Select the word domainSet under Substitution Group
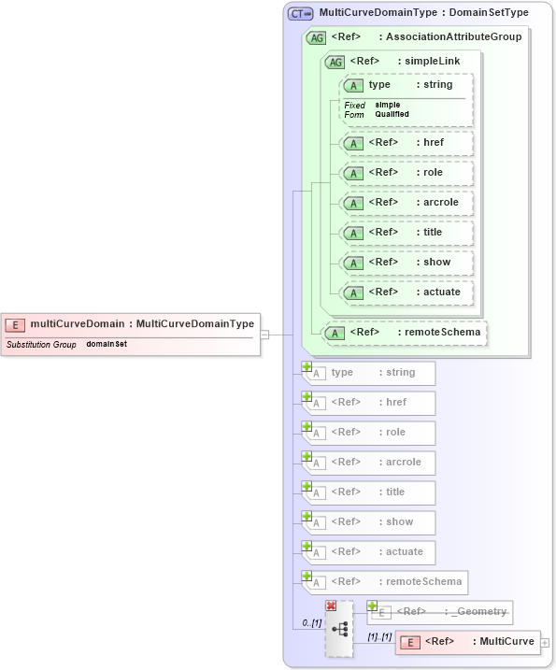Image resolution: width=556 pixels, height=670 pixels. pos(107,345)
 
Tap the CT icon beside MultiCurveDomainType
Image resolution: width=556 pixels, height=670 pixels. pos(300,13)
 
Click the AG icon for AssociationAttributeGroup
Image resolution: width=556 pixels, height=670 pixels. pos(316,38)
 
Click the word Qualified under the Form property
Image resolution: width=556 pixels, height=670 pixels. pos(392,114)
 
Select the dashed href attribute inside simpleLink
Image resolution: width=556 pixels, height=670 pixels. pos(406,143)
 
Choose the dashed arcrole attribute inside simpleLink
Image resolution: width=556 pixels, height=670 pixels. pos(406,203)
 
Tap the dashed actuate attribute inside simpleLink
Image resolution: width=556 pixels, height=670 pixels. pos(406,292)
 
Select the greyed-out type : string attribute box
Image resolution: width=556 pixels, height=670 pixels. pos(372,373)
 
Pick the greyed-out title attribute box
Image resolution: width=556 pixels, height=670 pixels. pos(372,492)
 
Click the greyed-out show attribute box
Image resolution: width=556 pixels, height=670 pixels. pos(372,522)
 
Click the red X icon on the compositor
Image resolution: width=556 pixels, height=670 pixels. pos(331,606)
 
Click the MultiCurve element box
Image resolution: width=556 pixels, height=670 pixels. pos(467,642)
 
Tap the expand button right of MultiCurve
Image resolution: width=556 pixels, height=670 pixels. pos(545,643)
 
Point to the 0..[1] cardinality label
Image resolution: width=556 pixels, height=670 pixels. pos(311,622)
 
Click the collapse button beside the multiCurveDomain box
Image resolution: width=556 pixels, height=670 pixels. pos(264,335)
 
